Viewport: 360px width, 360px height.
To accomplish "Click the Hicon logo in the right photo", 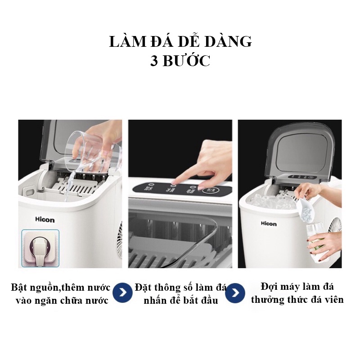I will [x=269, y=223].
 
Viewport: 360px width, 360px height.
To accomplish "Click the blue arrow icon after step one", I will [x=123, y=293].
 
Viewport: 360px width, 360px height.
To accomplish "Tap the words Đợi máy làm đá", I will [x=297, y=286].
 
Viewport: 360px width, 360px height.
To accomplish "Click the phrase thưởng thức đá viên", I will [x=297, y=299].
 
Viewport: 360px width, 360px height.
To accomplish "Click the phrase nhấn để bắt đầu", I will [x=181, y=301].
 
